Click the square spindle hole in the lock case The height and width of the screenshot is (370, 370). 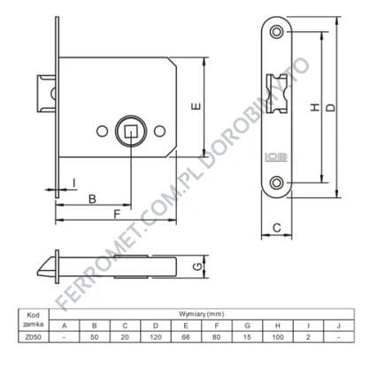tap(131, 131)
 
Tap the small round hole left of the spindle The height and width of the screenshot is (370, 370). tap(102, 131)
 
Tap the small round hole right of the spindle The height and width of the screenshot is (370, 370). tap(159, 131)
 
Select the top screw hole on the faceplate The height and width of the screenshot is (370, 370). tap(276, 32)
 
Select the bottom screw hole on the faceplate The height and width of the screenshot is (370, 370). tap(276, 182)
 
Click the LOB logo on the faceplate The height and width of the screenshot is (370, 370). tap(276, 157)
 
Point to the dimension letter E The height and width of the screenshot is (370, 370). tap(197, 106)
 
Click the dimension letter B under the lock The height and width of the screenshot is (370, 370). tap(92, 199)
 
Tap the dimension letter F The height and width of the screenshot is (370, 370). tap(117, 214)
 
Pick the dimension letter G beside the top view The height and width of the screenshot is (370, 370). tap(197, 266)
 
